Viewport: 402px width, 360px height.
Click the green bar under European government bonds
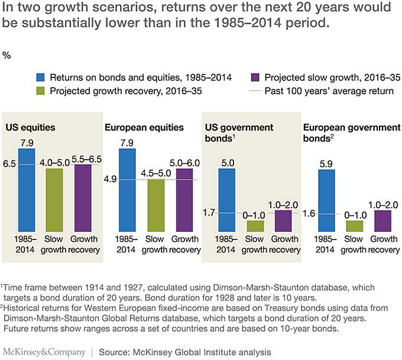(355, 225)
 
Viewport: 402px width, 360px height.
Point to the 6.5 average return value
(10, 165)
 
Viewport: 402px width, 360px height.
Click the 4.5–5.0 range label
(156, 173)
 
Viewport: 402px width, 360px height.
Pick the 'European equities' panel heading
(144, 127)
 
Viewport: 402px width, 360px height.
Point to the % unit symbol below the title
(7, 56)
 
